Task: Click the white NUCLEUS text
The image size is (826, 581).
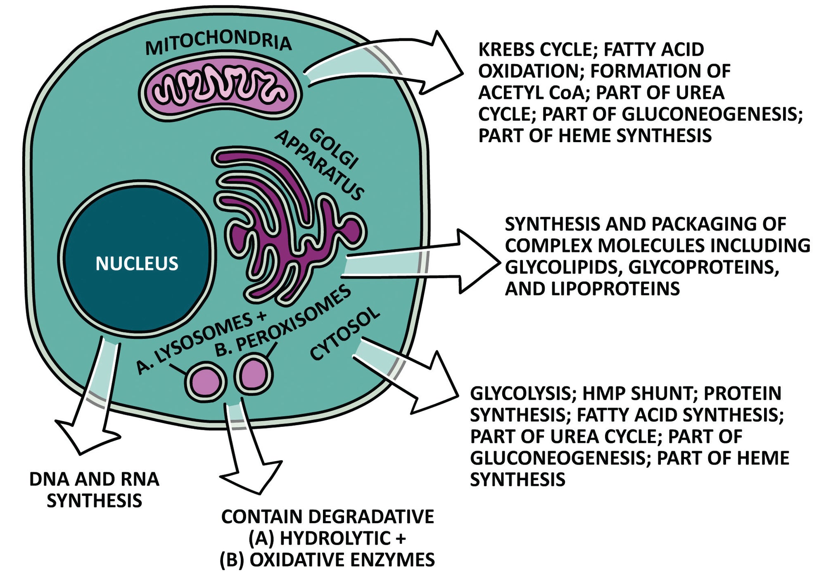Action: (137, 264)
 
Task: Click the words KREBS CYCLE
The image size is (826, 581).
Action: (536, 50)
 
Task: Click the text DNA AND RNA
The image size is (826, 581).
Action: (94, 479)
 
